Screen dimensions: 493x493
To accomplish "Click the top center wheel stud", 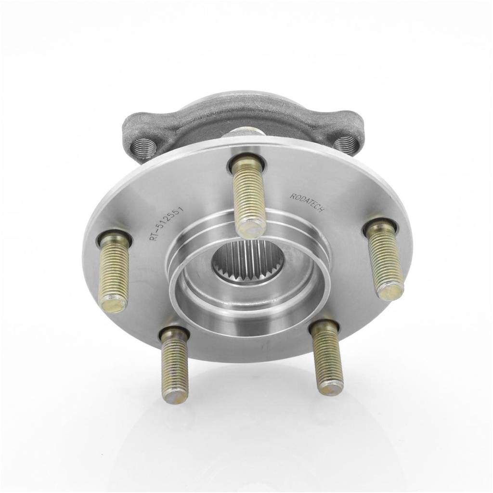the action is (x=248, y=196).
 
